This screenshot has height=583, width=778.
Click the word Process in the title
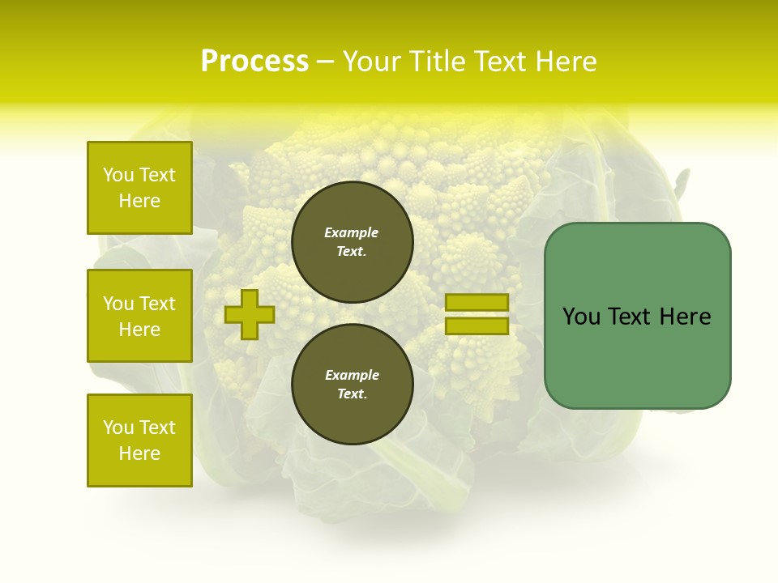[x=254, y=62]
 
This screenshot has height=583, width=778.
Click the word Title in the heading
[x=437, y=62]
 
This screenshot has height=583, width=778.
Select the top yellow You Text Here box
[x=139, y=188]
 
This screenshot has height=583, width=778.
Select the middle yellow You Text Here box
[x=139, y=316]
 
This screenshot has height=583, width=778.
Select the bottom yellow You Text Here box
[x=139, y=440]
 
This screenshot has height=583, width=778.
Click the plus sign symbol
[x=250, y=314]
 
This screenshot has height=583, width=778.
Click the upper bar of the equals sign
[x=477, y=303]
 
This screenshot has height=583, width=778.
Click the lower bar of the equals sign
[x=477, y=326]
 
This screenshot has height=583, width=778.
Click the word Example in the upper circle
[x=352, y=232]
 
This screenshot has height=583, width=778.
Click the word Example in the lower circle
[x=352, y=375]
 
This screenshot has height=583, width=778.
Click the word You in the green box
[x=581, y=317]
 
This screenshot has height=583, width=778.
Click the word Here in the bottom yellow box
[x=139, y=453]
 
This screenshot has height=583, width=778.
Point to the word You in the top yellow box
[x=118, y=175]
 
